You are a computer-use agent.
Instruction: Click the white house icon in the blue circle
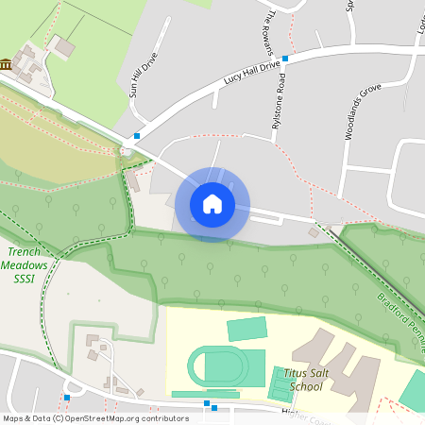(212, 203)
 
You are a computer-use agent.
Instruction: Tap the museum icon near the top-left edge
(7, 64)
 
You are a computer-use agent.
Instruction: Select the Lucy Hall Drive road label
(252, 74)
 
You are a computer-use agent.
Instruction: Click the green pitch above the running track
(247, 329)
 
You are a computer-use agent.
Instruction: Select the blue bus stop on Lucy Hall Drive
(284, 58)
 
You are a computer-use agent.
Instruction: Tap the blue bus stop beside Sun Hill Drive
(137, 136)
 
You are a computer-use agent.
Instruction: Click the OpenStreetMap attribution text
(95, 417)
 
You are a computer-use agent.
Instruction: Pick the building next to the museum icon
(64, 45)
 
